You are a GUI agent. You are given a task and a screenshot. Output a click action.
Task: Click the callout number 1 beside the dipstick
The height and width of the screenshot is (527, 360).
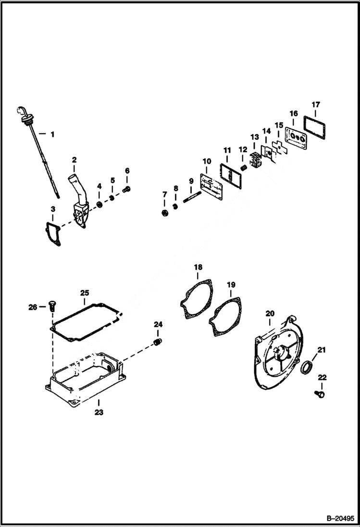point(52,135)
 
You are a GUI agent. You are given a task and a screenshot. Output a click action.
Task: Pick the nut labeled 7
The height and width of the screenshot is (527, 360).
point(164,211)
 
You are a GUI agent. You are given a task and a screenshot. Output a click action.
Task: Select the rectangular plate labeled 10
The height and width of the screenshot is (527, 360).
point(208,185)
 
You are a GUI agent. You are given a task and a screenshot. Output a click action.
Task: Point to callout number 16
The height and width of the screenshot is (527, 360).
point(293,113)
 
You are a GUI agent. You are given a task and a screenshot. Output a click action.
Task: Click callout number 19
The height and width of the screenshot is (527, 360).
point(231,284)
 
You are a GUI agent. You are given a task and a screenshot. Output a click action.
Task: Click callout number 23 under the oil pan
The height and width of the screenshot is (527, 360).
point(99,412)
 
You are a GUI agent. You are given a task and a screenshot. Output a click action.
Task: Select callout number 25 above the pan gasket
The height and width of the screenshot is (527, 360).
point(84,292)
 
